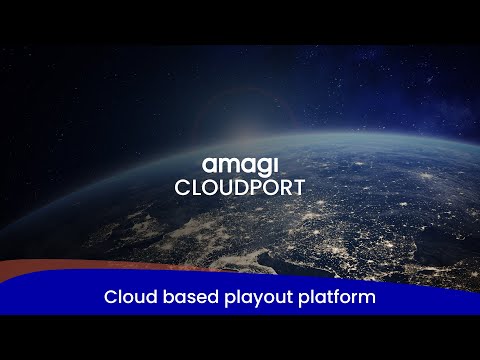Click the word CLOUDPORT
(239, 187)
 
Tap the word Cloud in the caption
(127, 298)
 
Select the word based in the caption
(185, 298)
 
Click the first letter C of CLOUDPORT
(181, 187)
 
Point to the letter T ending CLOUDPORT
(298, 187)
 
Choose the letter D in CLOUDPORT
(238, 187)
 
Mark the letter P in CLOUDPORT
(253, 187)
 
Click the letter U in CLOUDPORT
(223, 187)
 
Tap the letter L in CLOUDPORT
(195, 187)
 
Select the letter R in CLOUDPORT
(284, 187)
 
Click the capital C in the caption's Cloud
(109, 298)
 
